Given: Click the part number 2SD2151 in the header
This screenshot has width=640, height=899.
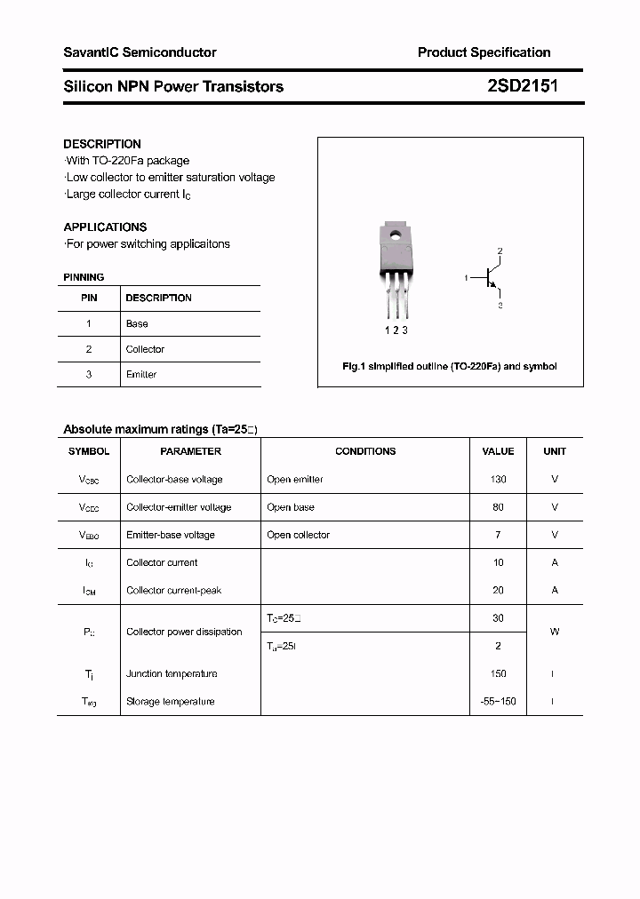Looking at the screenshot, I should tap(523, 86).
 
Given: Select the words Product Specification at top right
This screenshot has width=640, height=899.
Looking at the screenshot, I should tap(484, 52).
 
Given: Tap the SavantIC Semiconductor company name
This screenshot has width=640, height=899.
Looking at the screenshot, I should tap(140, 52).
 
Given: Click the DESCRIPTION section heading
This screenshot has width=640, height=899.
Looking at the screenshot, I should tap(102, 144).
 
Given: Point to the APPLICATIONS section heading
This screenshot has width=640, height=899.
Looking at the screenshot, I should tap(105, 227).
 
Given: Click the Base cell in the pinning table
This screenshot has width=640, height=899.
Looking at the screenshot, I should tap(137, 324).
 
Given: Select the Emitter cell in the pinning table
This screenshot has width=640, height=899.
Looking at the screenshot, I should tap(141, 375).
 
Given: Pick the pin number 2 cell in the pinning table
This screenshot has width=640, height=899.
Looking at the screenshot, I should tap(89, 349).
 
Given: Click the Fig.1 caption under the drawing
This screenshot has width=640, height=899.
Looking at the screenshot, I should tap(450, 366).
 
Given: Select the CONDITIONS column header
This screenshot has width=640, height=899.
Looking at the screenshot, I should tap(365, 451).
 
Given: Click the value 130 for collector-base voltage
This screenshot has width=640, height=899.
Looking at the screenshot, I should tap(498, 480).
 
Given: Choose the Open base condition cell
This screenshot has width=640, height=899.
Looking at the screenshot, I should tap(291, 507).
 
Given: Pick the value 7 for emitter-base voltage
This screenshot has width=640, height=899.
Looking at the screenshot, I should tap(498, 535).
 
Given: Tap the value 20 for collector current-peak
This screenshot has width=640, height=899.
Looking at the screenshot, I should tap(498, 590).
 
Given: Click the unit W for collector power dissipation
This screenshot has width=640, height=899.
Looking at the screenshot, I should tap(555, 632).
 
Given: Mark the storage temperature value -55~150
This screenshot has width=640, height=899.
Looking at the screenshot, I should tap(498, 702).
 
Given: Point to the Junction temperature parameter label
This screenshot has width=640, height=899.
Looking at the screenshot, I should tap(172, 674).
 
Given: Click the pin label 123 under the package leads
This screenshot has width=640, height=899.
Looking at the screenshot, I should tap(396, 330).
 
